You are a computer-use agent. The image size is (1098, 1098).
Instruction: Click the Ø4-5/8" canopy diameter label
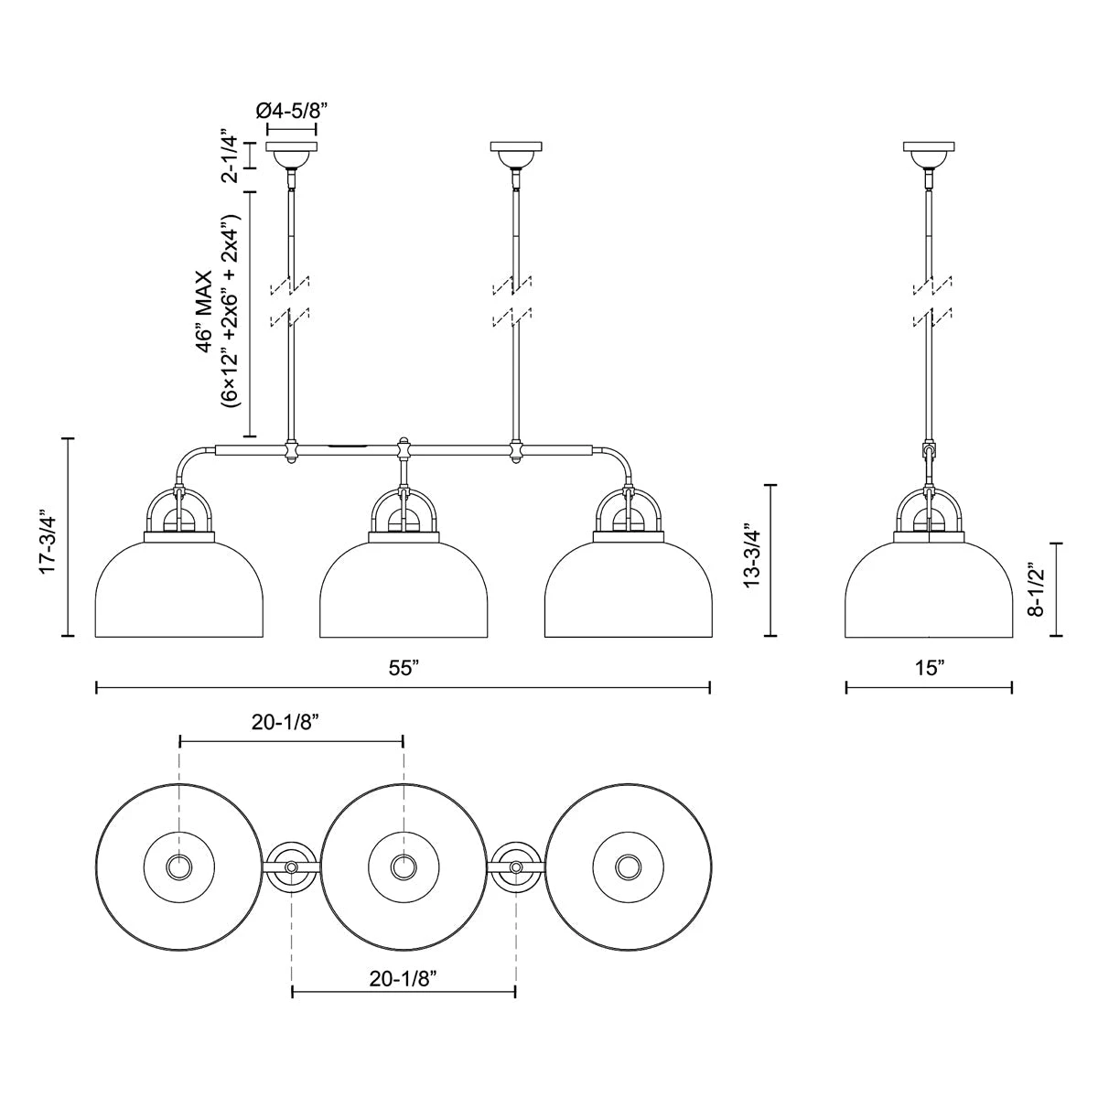[291, 111]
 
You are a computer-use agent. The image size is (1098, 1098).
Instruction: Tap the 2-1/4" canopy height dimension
[230, 157]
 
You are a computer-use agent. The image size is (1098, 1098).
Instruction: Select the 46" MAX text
[204, 311]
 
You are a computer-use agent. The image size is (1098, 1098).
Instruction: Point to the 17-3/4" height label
[48, 537]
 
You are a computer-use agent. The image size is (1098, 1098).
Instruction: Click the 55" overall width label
[404, 668]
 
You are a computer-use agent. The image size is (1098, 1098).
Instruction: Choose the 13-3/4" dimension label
[751, 558]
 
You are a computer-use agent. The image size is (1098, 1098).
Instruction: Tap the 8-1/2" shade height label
[1035, 590]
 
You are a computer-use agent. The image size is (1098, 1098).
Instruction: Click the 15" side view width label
[930, 668]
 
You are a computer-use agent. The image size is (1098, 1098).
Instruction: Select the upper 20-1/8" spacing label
[285, 722]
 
